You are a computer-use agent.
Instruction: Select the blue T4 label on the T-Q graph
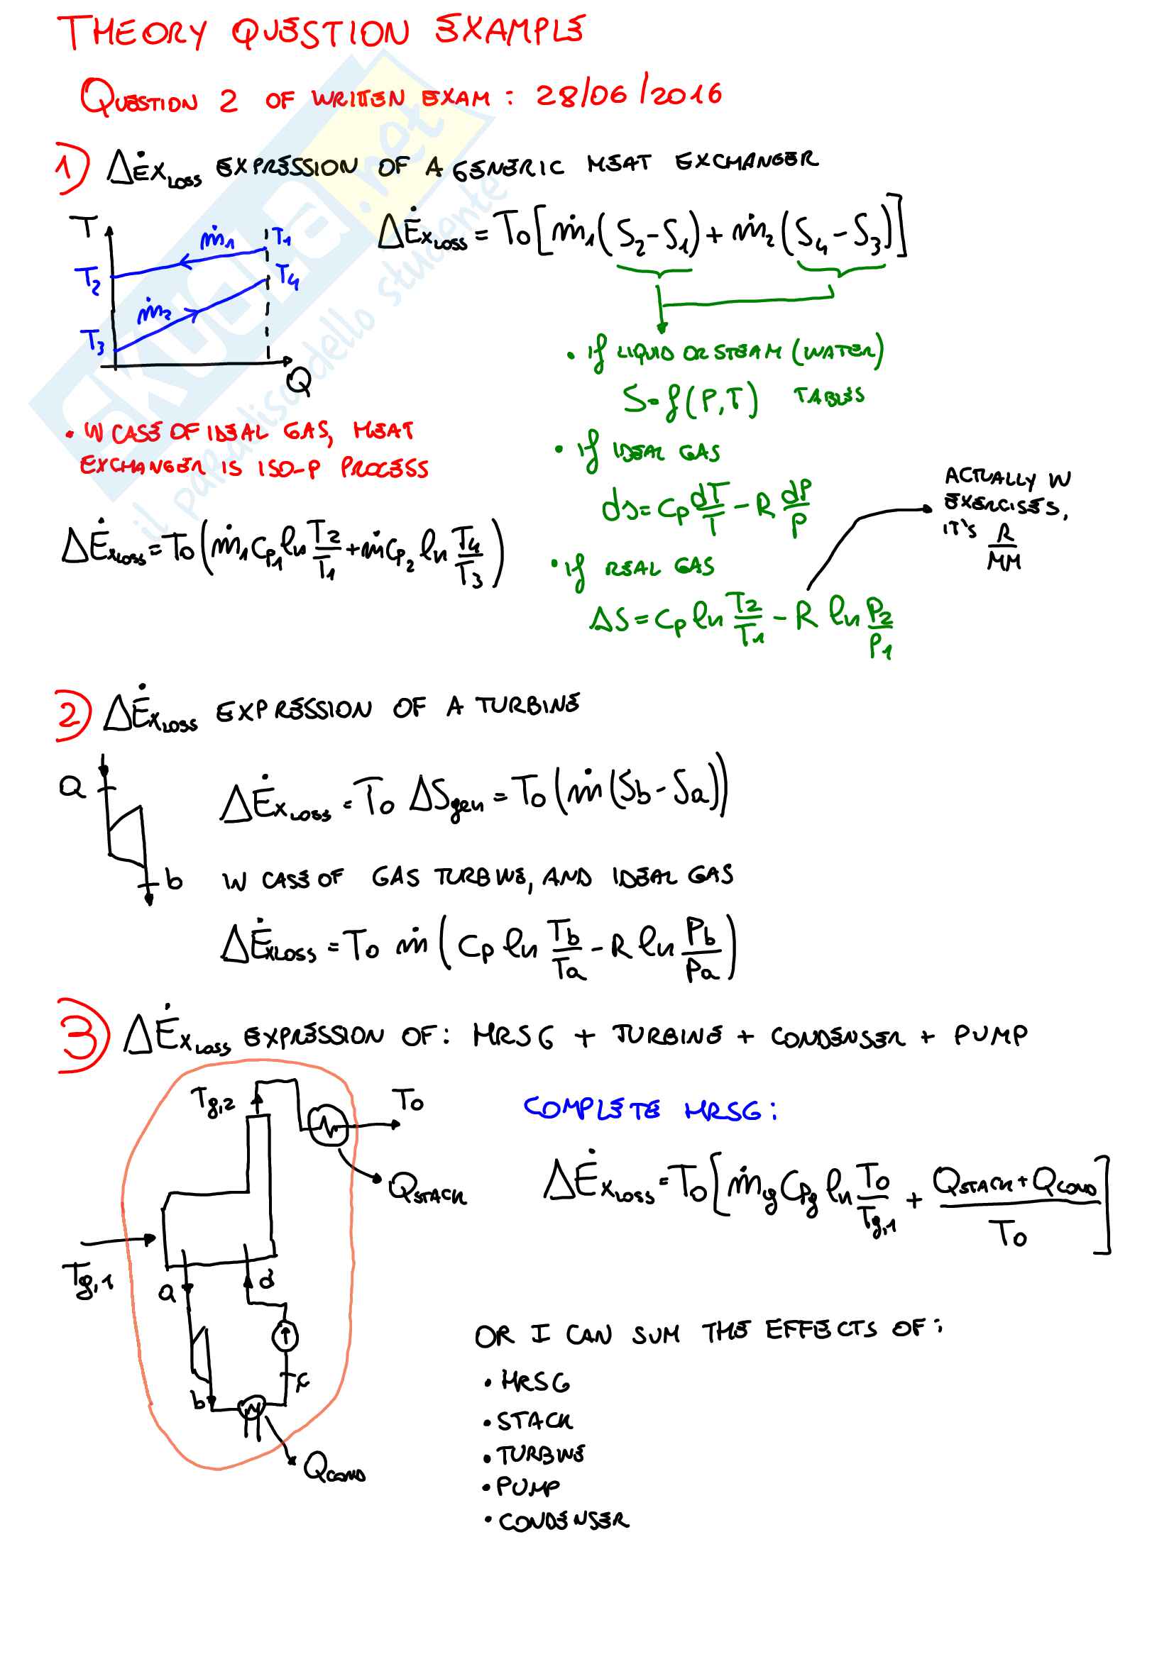pyautogui.click(x=287, y=276)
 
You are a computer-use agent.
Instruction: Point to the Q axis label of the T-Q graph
pyautogui.click(x=299, y=381)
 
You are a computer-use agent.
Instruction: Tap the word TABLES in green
pyautogui.click(x=828, y=396)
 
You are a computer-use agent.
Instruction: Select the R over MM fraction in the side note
pyautogui.click(x=1004, y=547)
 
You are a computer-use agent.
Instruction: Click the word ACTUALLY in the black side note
pyautogui.click(x=989, y=477)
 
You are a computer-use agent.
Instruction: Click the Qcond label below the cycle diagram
pyautogui.click(x=334, y=1469)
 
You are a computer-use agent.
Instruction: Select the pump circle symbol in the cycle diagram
pyautogui.click(x=285, y=1336)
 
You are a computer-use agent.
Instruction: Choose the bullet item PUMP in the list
pyautogui.click(x=527, y=1487)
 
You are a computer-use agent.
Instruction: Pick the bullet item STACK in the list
pyautogui.click(x=534, y=1421)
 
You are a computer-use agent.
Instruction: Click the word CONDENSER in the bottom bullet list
pyautogui.click(x=564, y=1521)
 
